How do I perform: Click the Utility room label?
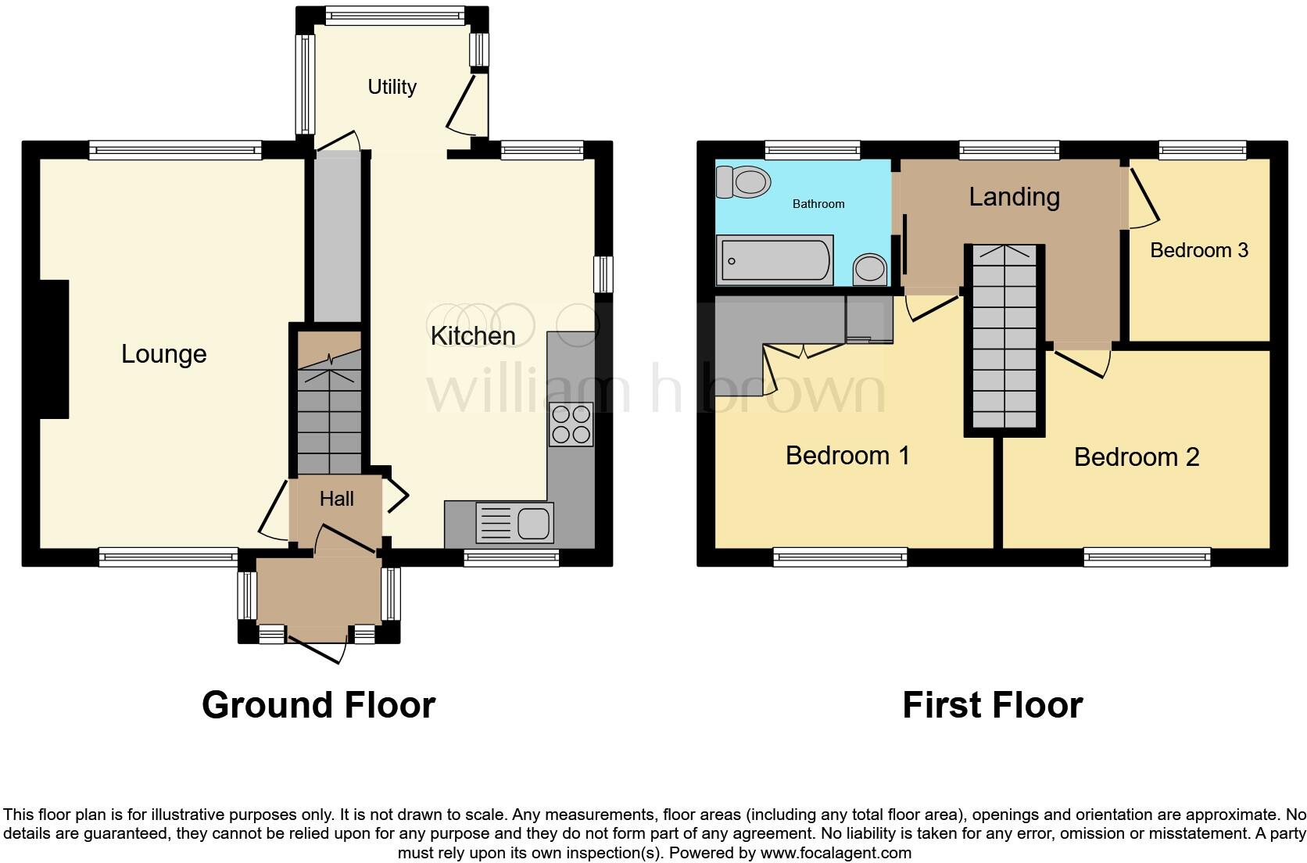[392, 87]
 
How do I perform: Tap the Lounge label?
[163, 354]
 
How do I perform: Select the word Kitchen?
[473, 336]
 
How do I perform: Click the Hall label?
[336, 499]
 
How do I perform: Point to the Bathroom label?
[818, 204]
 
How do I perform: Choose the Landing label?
[1014, 196]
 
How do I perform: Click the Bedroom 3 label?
[1198, 250]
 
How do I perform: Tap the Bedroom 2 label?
[1136, 457]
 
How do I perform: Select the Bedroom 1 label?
[847, 455]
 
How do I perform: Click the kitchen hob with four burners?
[571, 424]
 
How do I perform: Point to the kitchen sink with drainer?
[514, 523]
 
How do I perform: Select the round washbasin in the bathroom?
[870, 270]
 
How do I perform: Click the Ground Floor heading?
[318, 705]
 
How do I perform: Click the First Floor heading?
[992, 705]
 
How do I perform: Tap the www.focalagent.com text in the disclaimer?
[835, 853]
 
